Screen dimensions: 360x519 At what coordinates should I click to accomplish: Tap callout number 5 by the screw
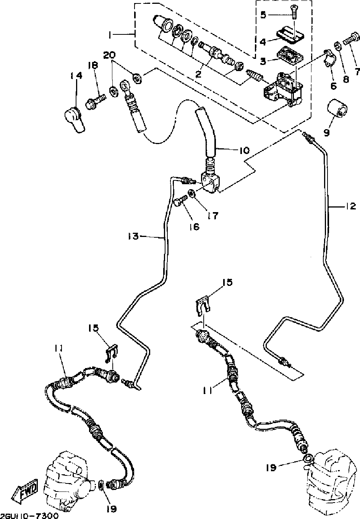point(263,15)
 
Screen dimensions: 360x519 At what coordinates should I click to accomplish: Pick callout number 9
point(326,132)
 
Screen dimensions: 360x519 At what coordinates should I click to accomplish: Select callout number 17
point(212,216)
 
